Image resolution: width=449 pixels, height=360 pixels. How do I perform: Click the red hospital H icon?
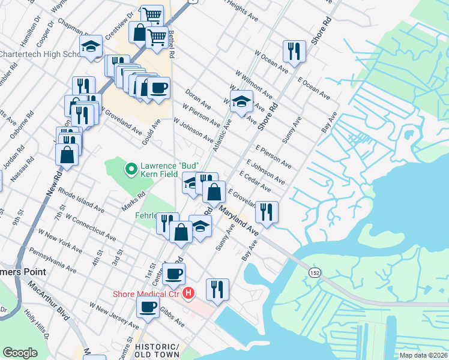[188, 294]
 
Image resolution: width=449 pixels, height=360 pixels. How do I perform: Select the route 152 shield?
[314, 272]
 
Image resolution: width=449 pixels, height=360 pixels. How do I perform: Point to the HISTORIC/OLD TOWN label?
[157, 352]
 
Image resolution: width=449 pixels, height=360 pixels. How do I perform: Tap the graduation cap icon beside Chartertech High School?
[91, 47]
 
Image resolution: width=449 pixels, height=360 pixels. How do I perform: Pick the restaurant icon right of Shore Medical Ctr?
[217, 289]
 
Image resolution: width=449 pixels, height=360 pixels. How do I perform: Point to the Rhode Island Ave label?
[81, 203]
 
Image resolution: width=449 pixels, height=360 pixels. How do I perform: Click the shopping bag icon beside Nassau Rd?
[67, 154]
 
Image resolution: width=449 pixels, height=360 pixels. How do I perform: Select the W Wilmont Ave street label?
[254, 86]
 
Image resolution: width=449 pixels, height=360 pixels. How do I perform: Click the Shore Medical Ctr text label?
[147, 294]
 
